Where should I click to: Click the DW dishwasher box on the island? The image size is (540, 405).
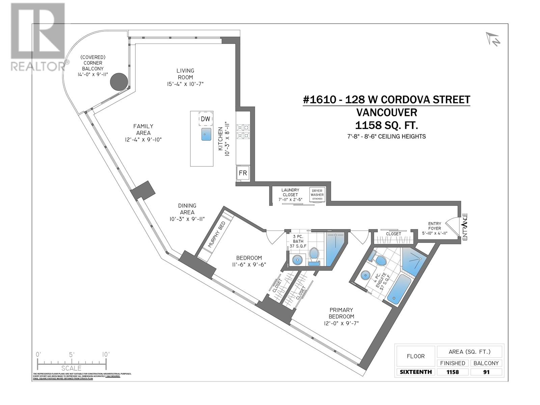tap(206, 119)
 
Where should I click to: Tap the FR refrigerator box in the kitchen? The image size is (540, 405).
tap(243, 173)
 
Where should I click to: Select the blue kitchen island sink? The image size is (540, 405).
tap(206, 134)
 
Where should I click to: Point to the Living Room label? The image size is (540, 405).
tap(185, 74)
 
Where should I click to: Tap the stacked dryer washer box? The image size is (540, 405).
tap(317, 195)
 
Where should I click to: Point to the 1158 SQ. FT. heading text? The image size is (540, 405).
tap(386, 126)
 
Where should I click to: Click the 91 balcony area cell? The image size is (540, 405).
tap(486, 372)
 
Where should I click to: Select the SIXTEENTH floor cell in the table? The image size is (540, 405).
tap(415, 372)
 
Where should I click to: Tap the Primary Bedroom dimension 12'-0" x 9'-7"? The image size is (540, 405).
tap(342, 323)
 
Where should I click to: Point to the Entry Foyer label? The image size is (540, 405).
tap(434, 228)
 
